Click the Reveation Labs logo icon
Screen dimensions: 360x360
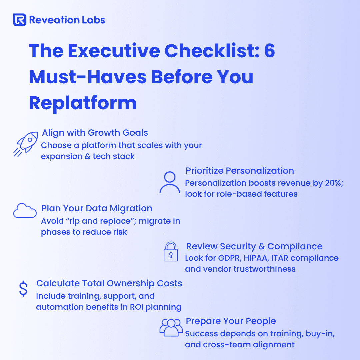tap(20, 20)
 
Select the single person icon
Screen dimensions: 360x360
tap(170, 182)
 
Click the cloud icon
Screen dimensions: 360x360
tap(25, 211)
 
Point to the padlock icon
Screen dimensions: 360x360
tap(171, 251)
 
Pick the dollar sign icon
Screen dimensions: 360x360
tap(23, 289)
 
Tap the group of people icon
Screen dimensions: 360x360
tap(171, 327)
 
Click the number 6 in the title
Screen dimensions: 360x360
tap(270, 51)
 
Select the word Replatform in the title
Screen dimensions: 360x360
tap(83, 104)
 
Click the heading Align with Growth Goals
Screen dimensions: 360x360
tap(95, 133)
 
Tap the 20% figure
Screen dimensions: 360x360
tap(334, 183)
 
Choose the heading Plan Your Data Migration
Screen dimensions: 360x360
tap(97, 208)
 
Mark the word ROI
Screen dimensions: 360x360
tap(137, 307)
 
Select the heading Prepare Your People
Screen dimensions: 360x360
tap(231, 321)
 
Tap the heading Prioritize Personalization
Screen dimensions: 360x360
tap(240, 171)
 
